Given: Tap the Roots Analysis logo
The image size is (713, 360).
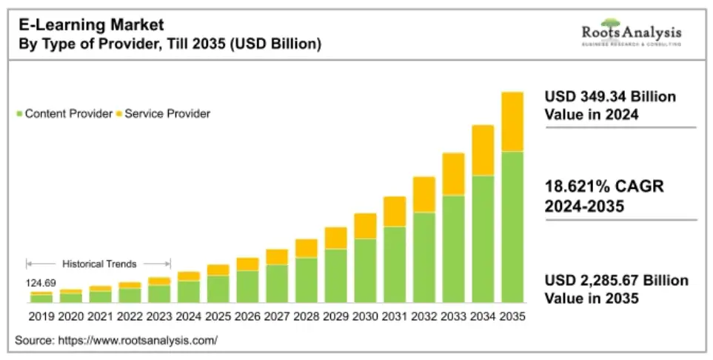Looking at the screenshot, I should [631, 34].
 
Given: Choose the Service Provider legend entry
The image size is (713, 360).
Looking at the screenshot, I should [167, 113].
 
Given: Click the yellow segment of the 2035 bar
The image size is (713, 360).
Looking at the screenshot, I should [512, 121].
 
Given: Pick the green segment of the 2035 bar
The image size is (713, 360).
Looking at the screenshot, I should [512, 227].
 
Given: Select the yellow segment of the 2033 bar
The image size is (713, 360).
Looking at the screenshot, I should [453, 174].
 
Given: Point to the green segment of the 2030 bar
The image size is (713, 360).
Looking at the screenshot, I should [365, 270].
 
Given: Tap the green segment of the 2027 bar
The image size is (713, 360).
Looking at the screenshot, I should [277, 283].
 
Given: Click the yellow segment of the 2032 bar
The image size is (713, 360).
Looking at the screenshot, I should [424, 194].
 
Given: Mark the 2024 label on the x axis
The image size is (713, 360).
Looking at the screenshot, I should [189, 316].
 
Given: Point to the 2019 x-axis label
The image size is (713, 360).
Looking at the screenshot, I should [41, 316].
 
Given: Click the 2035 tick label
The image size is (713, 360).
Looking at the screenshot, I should [512, 316].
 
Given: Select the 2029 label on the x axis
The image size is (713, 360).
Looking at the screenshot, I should [335, 316].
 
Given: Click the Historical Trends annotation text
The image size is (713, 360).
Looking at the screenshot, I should [99, 264].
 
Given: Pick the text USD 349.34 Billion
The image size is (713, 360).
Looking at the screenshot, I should [610, 97].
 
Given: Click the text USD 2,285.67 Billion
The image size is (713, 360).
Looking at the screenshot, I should [616, 281].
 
